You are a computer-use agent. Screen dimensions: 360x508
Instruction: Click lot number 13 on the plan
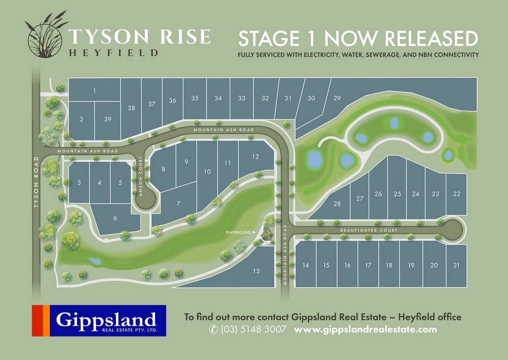[x=256, y=272]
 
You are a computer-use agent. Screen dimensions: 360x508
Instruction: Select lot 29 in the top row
[x=336, y=98]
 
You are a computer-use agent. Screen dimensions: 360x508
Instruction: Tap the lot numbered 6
[x=115, y=218]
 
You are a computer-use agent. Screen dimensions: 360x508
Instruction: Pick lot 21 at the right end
[x=457, y=265]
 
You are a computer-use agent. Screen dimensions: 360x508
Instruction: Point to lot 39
[x=107, y=119]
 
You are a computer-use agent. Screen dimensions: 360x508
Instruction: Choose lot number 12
[x=255, y=156]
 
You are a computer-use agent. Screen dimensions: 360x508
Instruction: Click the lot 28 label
[x=337, y=204]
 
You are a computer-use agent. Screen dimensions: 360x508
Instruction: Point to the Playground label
[x=239, y=232]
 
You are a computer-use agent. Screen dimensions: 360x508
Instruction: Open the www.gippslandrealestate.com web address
[x=365, y=329]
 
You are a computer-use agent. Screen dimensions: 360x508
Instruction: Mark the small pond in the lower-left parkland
[x=95, y=261]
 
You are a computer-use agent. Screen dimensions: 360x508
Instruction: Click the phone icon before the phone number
[x=213, y=329]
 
